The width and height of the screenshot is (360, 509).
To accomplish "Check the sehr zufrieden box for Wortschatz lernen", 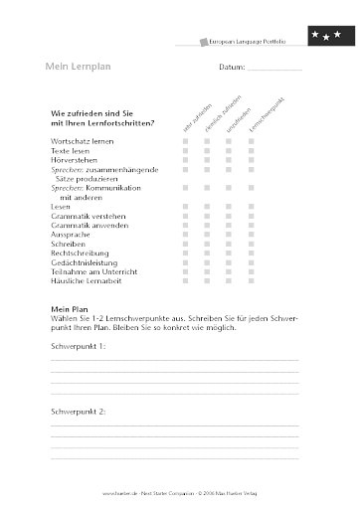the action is pos(185,143).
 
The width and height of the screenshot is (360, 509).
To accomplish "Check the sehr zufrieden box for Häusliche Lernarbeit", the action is pos(185,282).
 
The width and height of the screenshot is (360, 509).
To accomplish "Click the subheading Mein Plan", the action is pos(69,309).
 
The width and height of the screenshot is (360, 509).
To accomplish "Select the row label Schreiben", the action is pos(68,245).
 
